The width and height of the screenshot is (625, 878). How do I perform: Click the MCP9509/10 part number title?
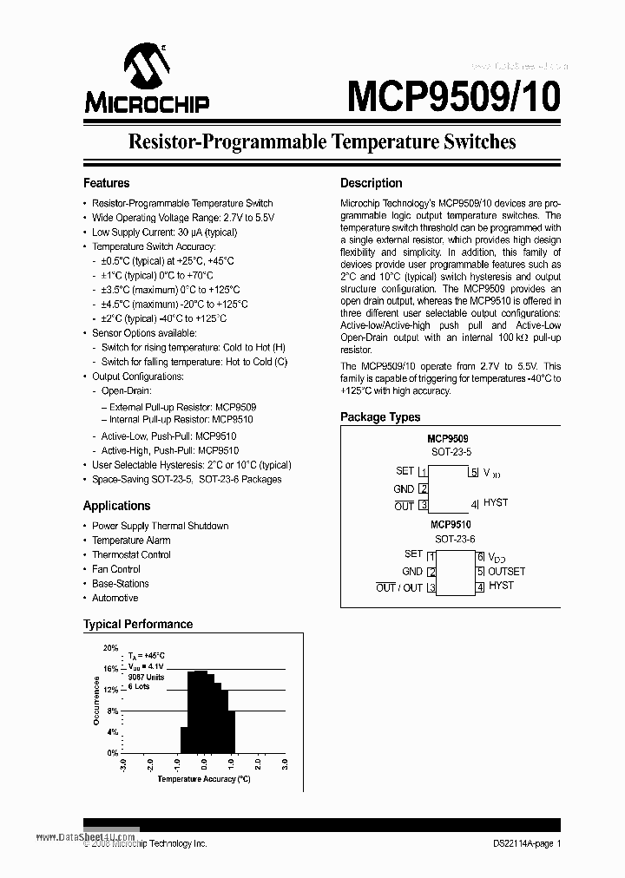pyautogui.click(x=453, y=95)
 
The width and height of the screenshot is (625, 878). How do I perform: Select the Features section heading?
pyautogui.click(x=106, y=183)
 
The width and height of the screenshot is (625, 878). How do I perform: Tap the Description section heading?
pyautogui.click(x=371, y=183)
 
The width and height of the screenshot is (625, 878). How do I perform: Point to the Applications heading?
pyautogui.click(x=116, y=506)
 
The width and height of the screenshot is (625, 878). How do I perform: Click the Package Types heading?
pyautogui.click(x=380, y=417)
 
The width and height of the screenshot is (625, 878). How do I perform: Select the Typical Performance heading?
pyautogui.click(x=137, y=624)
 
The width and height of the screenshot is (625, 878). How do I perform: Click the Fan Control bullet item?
pyautogui.click(x=116, y=569)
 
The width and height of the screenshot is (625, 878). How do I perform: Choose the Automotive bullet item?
pyautogui.click(x=115, y=598)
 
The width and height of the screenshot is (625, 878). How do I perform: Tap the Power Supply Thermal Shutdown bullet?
pyautogui.click(x=160, y=526)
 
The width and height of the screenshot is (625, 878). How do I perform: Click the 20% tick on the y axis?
pyautogui.click(x=111, y=648)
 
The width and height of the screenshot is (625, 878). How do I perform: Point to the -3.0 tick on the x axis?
pyautogui.click(x=123, y=765)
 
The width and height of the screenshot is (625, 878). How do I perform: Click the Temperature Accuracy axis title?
pyautogui.click(x=203, y=779)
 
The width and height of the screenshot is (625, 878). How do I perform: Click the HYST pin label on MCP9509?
pyautogui.click(x=496, y=502)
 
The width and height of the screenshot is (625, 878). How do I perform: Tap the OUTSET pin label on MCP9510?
pyautogui.click(x=506, y=571)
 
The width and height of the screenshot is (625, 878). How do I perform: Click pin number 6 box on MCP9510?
pyautogui.click(x=479, y=557)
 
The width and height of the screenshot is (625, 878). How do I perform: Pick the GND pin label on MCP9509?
pyautogui.click(x=404, y=488)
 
